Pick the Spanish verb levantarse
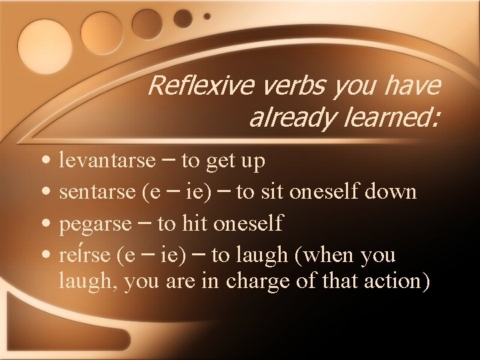tap(102, 161)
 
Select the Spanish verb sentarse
tap(97, 193)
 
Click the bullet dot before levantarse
tap(44, 162)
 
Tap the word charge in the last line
tap(255, 281)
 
